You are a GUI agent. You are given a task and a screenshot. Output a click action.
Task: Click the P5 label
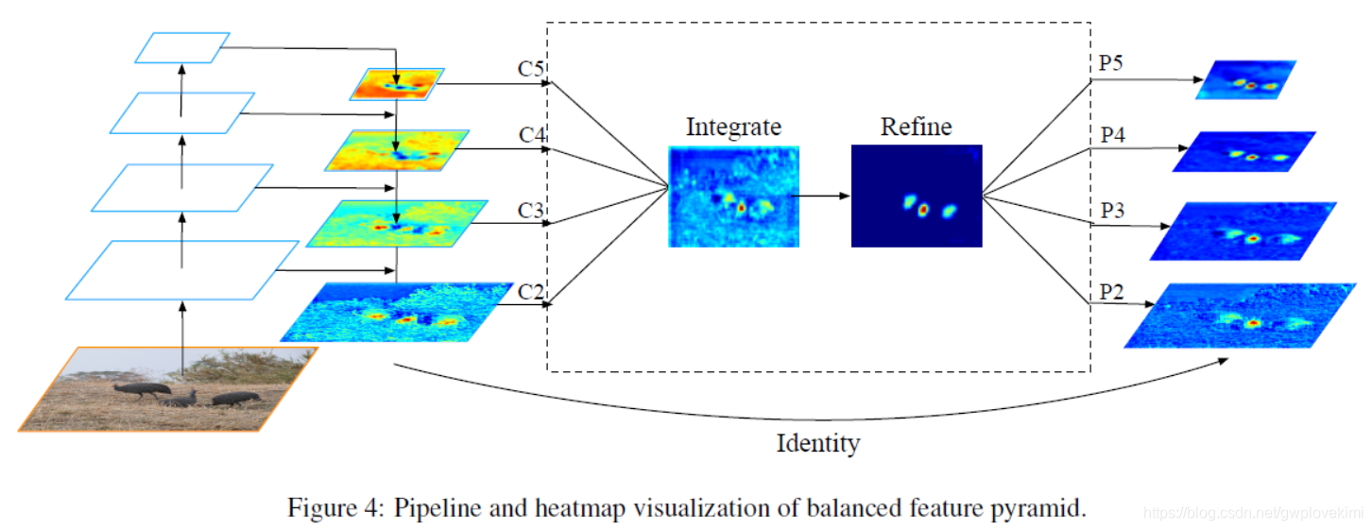pyautogui.click(x=1111, y=63)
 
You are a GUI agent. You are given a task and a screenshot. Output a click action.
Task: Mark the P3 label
pyautogui.click(x=1112, y=211)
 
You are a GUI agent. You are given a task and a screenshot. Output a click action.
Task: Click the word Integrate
pyautogui.click(x=733, y=128)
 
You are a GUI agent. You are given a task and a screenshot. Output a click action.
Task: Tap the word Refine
pyautogui.click(x=916, y=127)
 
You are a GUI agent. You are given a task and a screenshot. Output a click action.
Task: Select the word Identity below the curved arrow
pyautogui.click(x=818, y=442)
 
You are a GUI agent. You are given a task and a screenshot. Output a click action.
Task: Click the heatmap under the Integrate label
pyautogui.click(x=733, y=197)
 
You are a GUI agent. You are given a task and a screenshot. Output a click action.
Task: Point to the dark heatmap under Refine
pyautogui.click(x=917, y=196)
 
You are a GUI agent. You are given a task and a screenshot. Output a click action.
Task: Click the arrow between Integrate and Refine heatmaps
pyautogui.click(x=824, y=196)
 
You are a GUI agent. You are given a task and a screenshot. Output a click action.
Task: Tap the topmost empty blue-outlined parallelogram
pyautogui.click(x=182, y=47)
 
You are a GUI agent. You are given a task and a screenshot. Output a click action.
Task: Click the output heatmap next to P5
pyautogui.click(x=1246, y=80)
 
